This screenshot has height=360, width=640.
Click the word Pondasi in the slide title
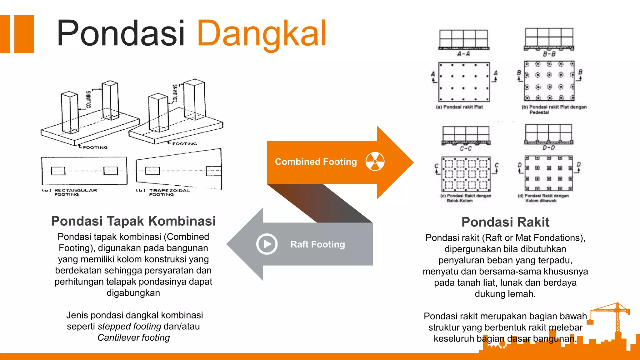click(121, 33)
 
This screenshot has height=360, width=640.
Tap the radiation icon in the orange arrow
click(375, 162)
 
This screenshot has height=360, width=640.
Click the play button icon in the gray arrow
click(267, 244)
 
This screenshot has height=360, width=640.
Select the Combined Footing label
click(316, 162)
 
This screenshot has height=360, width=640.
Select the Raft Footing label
click(317, 244)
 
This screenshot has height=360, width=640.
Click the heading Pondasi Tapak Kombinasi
click(133, 221)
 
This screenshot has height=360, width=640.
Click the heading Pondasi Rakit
click(505, 222)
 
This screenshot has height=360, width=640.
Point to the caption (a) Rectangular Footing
click(70, 192)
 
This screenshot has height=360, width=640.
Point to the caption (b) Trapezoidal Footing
click(163, 192)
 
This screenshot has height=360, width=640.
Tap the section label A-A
click(464, 54)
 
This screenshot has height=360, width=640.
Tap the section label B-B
click(549, 54)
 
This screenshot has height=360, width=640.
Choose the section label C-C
click(466, 148)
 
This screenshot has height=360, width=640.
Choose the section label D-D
click(549, 148)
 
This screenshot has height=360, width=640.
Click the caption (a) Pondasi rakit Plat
click(459, 107)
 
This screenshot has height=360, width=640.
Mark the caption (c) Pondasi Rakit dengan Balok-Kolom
click(466, 198)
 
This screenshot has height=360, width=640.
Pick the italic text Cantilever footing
click(133, 338)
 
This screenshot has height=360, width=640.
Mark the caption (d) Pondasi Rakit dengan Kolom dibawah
click(543, 198)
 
